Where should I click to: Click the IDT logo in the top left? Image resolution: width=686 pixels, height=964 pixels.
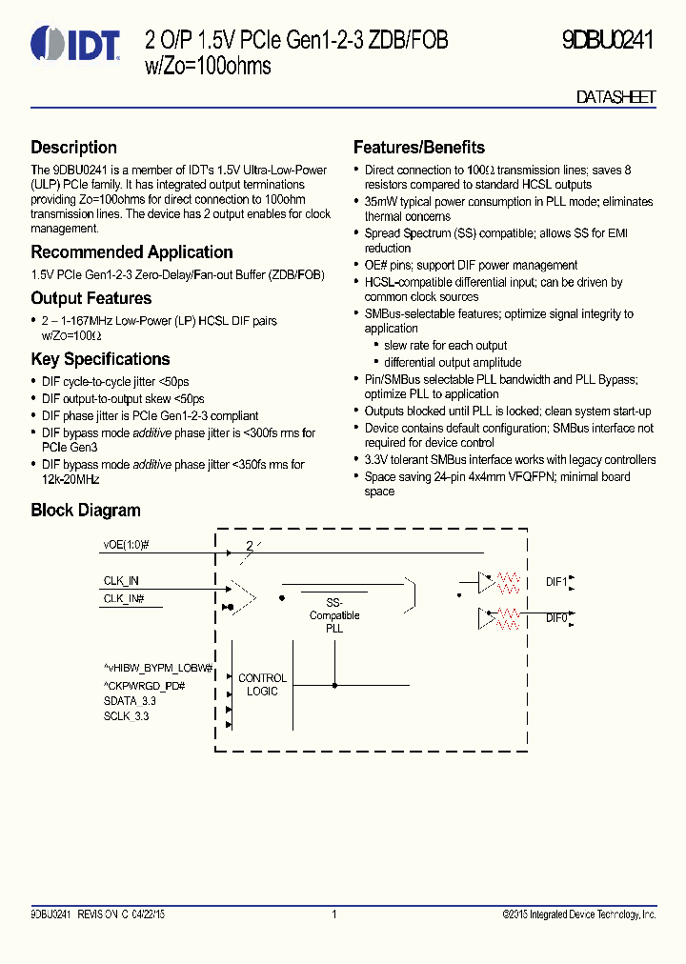coord(75,43)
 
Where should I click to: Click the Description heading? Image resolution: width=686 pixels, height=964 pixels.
coord(73,148)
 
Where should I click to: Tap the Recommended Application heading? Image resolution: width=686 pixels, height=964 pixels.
coord(131,252)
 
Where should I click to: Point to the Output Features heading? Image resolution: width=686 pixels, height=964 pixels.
coord(91,298)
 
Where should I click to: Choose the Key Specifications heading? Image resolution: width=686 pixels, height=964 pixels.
coord(100,359)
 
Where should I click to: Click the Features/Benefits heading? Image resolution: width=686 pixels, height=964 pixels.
coord(418,148)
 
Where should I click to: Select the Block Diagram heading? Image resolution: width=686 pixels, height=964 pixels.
coord(85,511)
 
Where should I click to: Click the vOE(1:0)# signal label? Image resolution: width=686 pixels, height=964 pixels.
coord(127,545)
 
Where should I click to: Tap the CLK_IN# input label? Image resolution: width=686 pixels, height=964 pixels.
coord(124,597)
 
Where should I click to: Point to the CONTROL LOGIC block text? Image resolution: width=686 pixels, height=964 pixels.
coord(262,684)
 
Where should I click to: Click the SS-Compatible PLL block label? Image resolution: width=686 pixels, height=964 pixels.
coord(333,615)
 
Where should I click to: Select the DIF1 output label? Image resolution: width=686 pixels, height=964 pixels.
coord(556,580)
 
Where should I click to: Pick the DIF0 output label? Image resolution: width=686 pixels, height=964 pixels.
coord(556,617)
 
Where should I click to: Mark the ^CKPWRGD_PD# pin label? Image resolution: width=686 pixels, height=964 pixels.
coord(144,686)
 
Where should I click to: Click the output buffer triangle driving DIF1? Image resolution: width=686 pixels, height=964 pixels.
coord(486,580)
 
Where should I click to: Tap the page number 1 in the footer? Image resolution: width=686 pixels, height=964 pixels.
coord(334,914)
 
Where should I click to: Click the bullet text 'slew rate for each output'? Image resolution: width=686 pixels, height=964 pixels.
coord(445,346)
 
